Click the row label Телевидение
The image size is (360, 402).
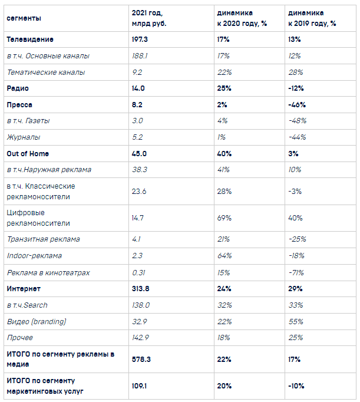(30, 39)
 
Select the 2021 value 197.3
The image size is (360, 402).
(140, 39)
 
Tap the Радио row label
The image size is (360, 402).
(18, 88)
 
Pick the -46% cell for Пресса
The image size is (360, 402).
(297, 104)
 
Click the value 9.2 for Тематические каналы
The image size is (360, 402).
(137, 73)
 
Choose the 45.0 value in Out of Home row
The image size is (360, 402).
(139, 153)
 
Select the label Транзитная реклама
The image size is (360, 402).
(44, 239)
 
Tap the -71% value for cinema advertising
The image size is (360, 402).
(296, 272)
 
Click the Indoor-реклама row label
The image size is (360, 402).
(34, 256)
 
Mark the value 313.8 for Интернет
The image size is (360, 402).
(140, 289)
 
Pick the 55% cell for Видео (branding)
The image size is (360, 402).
(296, 321)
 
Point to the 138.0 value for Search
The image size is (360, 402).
(141, 305)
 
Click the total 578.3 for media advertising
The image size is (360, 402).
(141, 359)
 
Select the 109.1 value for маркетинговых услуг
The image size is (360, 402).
(139, 386)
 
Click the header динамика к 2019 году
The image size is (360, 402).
(312, 18)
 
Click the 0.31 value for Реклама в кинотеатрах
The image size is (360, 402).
(138, 272)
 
